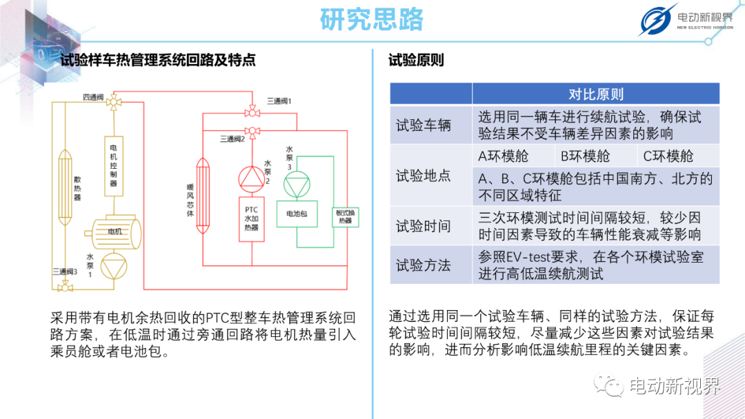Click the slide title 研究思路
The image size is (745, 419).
[372, 19]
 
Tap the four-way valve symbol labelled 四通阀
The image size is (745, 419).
[114, 101]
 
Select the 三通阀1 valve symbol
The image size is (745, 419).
[252, 112]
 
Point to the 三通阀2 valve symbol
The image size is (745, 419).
[252, 132]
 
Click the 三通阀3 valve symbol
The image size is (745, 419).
[65, 287]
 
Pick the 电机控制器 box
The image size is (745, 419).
[114, 166]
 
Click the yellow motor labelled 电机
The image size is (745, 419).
[114, 232]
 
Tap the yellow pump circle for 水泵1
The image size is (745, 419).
[114, 266]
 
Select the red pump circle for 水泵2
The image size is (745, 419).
[252, 179]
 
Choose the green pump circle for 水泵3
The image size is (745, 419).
[297, 184]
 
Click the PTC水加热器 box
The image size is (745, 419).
[252, 219]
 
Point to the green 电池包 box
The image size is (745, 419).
[297, 214]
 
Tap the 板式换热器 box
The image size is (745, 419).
[346, 217]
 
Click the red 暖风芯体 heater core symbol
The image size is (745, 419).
[203, 196]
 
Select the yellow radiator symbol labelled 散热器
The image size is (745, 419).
[65, 187]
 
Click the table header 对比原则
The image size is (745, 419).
[596, 94]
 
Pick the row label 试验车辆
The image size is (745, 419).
[424, 125]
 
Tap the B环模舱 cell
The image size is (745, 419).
[586, 156]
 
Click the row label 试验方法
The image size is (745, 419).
[424, 265]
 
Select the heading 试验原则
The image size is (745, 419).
[416, 60]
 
